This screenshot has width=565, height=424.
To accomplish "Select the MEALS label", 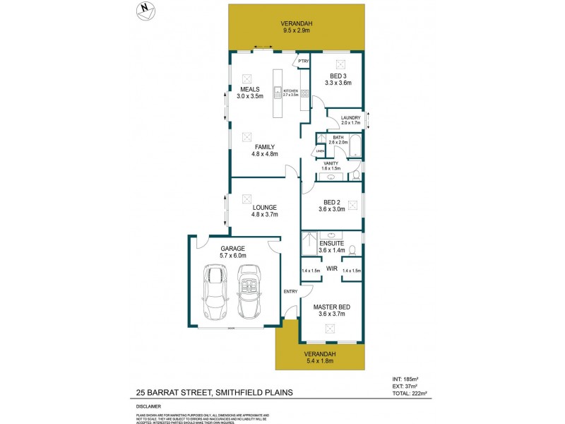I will pyautogui.click(x=250, y=90).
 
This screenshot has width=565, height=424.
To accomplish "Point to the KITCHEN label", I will pyautogui.click(x=291, y=91).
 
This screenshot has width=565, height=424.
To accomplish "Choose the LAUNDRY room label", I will pyautogui.click(x=350, y=118).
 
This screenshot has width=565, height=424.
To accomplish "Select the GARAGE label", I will pyautogui.click(x=232, y=249).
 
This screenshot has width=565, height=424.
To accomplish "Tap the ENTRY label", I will pyautogui.click(x=290, y=292).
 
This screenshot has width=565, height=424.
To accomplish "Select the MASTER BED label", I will pyautogui.click(x=331, y=307).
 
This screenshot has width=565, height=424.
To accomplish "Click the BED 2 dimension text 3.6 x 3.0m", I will pyautogui.click(x=331, y=209).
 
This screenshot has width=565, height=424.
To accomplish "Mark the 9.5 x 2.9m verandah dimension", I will pyautogui.click(x=297, y=31).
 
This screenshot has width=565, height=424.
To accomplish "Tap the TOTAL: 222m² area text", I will pyautogui.click(x=412, y=394).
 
